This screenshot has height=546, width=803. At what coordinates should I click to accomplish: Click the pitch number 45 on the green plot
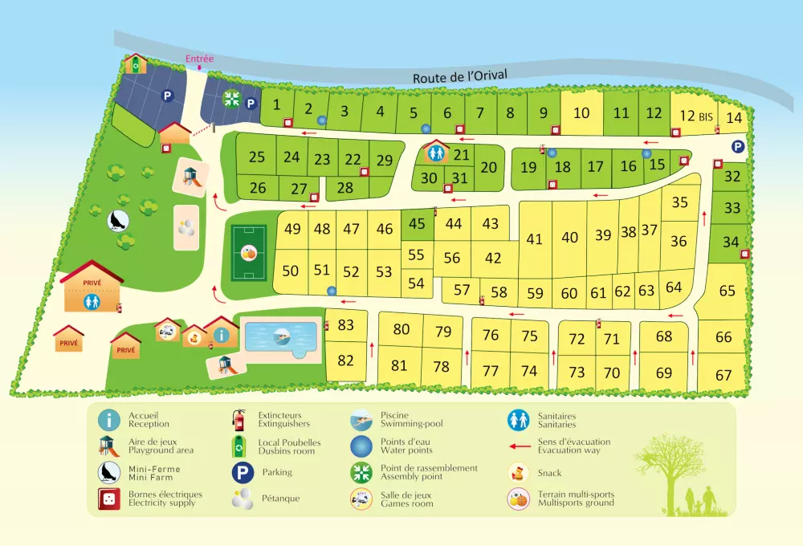pos(416,224)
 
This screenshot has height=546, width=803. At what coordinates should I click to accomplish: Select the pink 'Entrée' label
pos(199,59)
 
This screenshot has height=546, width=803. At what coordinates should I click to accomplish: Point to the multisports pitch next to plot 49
pos(249,252)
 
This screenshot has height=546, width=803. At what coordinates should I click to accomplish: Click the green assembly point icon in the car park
pos(232,99)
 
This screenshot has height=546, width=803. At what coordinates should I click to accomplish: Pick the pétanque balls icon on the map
pos(186,227)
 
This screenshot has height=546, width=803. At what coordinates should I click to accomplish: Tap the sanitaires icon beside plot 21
pos(436,150)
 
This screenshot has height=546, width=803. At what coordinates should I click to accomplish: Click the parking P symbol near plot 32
pos(737,146)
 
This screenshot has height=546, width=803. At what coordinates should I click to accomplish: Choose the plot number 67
pos(724,375)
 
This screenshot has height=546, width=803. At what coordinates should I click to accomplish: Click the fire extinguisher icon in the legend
pos(238,419)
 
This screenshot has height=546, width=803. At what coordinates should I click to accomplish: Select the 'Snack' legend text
pos(550,473)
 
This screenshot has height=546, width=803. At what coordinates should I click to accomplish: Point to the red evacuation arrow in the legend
pos(520,446)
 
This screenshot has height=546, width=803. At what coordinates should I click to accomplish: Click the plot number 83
pos(346,325)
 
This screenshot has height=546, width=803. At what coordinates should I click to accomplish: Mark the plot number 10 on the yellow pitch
pos(581,113)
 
